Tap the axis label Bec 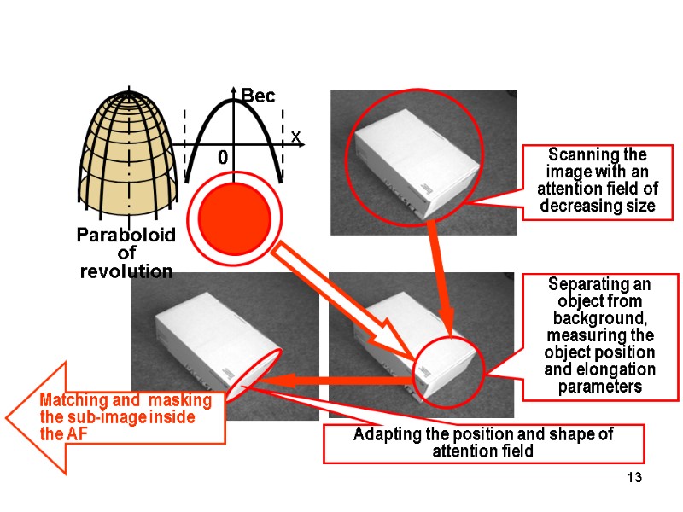click(258, 97)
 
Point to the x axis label click(295, 137)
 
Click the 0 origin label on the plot click(223, 159)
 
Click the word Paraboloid click(126, 235)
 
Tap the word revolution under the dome click(126, 271)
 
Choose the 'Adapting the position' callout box click(483, 443)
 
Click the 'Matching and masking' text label click(120, 416)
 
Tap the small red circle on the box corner click(449, 369)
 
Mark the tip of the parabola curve click(231, 102)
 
